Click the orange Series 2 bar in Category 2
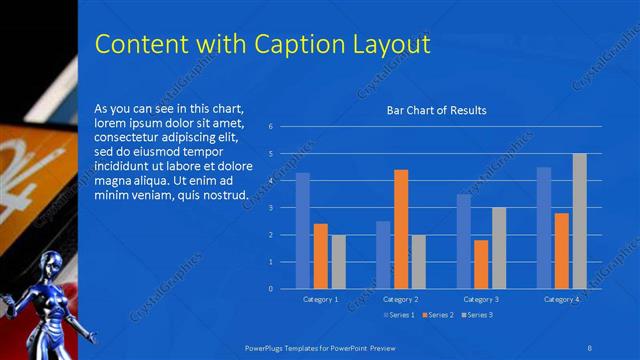point(401,229)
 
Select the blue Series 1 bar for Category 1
point(302,231)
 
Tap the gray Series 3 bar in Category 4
point(579,221)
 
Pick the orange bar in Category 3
point(481,264)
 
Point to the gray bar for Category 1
point(338,261)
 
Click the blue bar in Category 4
point(544,228)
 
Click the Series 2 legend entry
point(439,315)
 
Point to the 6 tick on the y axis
point(271,127)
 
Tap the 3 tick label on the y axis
point(271,208)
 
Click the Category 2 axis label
point(400,299)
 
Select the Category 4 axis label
point(561,299)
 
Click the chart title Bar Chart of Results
point(436,110)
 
